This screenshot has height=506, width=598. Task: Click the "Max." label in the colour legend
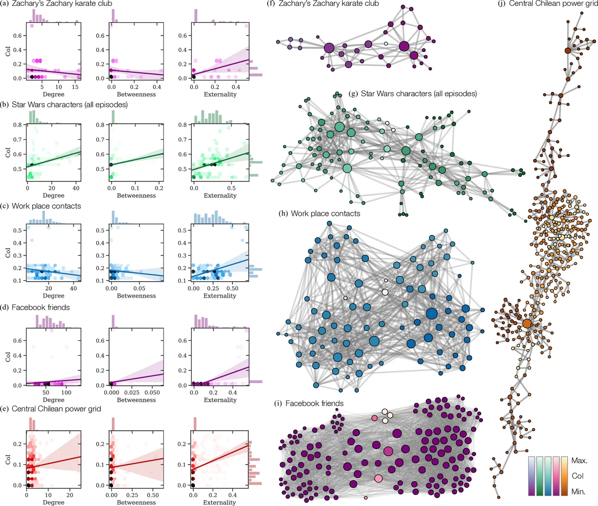(x=580, y=461)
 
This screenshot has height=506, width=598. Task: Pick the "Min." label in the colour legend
(x=579, y=492)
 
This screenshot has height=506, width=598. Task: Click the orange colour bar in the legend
(x=564, y=476)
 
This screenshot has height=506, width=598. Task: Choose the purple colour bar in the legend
(x=532, y=476)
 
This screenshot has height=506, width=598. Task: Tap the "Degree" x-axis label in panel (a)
(x=53, y=94)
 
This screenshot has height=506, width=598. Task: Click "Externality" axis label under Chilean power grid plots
(x=220, y=503)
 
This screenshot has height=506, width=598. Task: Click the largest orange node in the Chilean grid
(x=527, y=323)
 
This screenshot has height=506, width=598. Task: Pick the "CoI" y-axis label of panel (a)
(x=7, y=50)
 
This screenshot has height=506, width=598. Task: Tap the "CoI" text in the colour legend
(x=578, y=476)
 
